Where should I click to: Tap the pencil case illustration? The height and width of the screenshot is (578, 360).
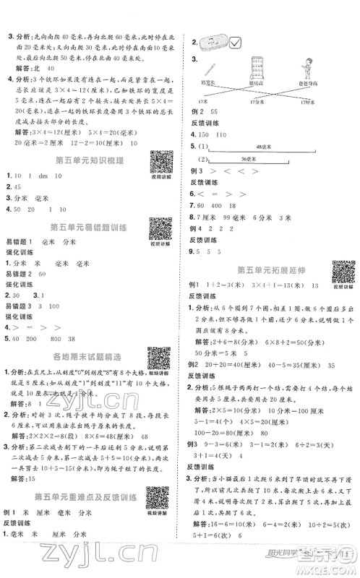(x=210, y=44)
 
